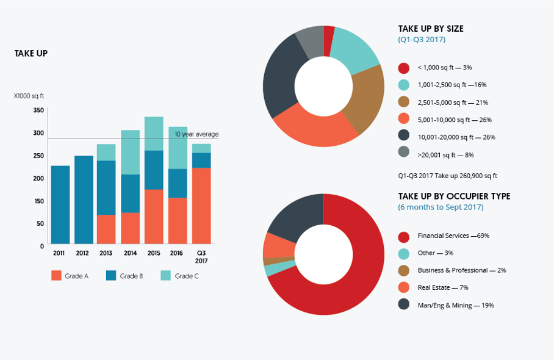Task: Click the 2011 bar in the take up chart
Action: [x=60, y=204]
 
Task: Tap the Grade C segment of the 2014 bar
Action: [x=131, y=152]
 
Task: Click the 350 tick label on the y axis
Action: [x=38, y=110]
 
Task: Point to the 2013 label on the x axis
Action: [x=106, y=253]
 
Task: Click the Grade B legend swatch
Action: [x=112, y=276]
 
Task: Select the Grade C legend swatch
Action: [x=166, y=276]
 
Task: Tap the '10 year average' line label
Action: [x=196, y=134]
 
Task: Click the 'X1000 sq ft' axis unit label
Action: [x=29, y=96]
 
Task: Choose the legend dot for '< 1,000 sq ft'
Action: [x=403, y=68]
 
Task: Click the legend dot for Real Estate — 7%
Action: [x=403, y=287]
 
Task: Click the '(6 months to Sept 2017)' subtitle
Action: [x=441, y=207]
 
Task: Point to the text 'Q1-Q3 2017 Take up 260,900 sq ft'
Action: [x=447, y=176]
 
